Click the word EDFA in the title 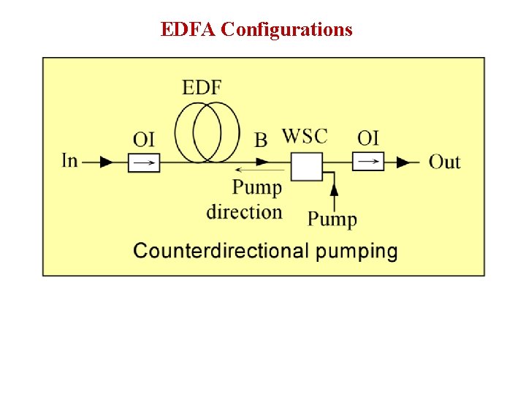(188, 29)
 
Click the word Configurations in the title (286, 29)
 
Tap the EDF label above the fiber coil (202, 89)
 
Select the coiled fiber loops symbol (207, 132)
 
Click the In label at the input (70, 160)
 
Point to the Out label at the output (444, 161)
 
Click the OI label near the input (144, 138)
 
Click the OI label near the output (368, 138)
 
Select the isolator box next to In (144, 162)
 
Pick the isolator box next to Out (368, 161)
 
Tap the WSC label (305, 136)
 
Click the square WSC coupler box (307, 166)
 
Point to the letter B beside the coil (261, 140)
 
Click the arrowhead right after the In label (107, 162)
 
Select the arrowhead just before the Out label (403, 162)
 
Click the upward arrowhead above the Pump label (335, 188)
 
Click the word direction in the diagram (245, 212)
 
